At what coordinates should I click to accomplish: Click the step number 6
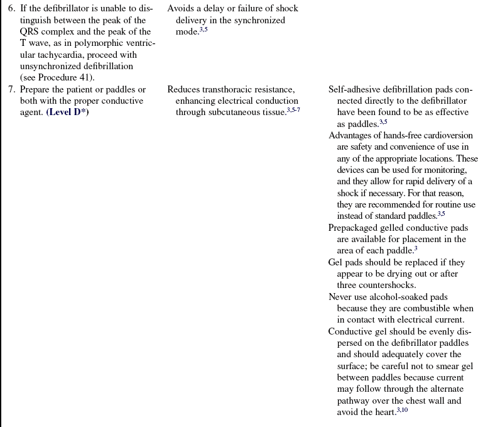coord(11,9)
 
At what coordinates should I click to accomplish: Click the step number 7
coord(11,89)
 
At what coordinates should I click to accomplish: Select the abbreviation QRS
coord(32,32)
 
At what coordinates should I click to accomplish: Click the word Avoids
coord(182,9)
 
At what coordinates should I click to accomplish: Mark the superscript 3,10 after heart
coord(402,410)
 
